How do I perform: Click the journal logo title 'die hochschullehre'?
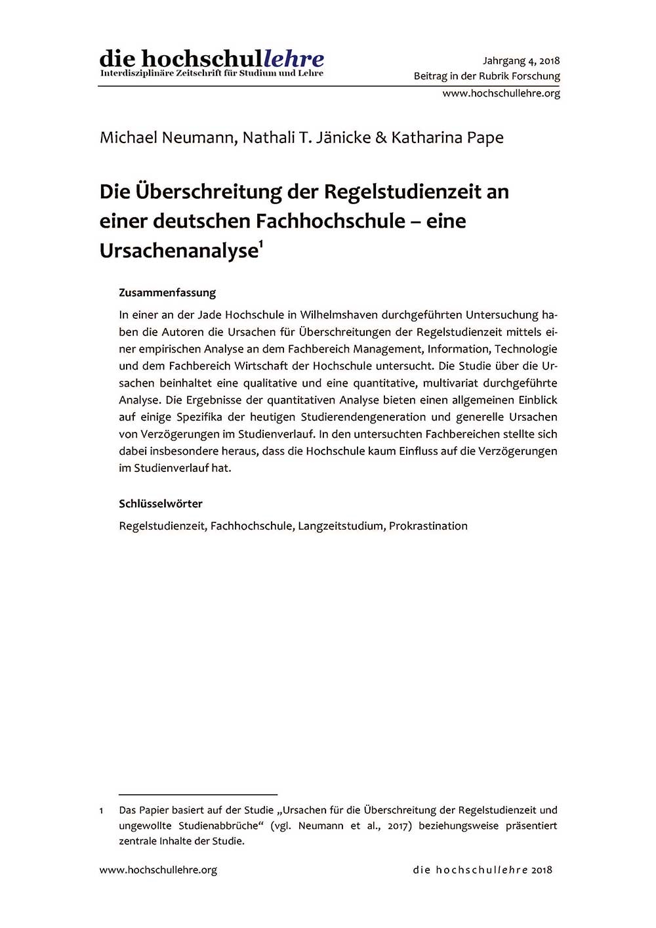pyautogui.click(x=212, y=58)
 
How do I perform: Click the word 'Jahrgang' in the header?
pyautogui.click(x=504, y=60)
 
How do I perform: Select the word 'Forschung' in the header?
pyautogui.click(x=536, y=76)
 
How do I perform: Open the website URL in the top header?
pyautogui.click(x=501, y=93)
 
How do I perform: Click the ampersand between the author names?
pyautogui.click(x=381, y=138)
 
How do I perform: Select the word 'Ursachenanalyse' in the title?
pyautogui.click(x=178, y=251)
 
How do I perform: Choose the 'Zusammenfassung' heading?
pyautogui.click(x=167, y=293)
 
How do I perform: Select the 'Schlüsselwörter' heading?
pyautogui.click(x=161, y=504)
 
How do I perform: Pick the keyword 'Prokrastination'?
pyautogui.click(x=428, y=526)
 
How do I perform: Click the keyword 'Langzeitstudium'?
pyautogui.click(x=340, y=526)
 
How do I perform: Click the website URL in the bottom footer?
pyautogui.click(x=158, y=870)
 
